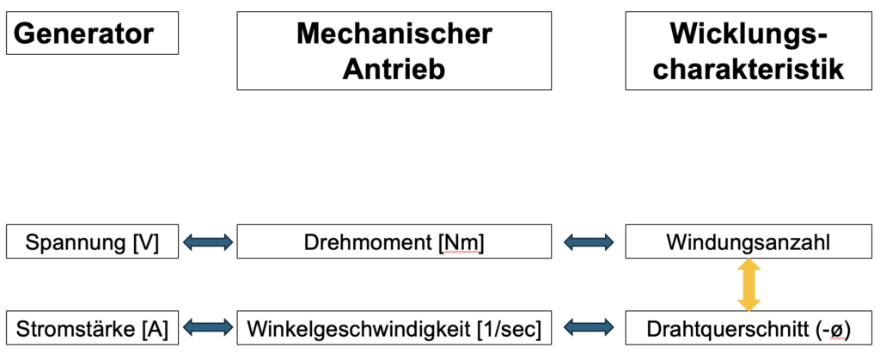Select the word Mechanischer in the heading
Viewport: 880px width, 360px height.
point(394,34)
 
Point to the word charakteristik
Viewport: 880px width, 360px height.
point(749,70)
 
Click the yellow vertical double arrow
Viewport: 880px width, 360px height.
point(749,285)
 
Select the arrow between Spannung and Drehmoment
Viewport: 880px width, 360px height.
point(208,242)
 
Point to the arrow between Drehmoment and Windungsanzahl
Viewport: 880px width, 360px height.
point(588,242)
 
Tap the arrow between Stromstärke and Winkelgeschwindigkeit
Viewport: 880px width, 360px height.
point(208,327)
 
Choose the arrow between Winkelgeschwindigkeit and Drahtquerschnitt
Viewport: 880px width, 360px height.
point(588,327)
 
